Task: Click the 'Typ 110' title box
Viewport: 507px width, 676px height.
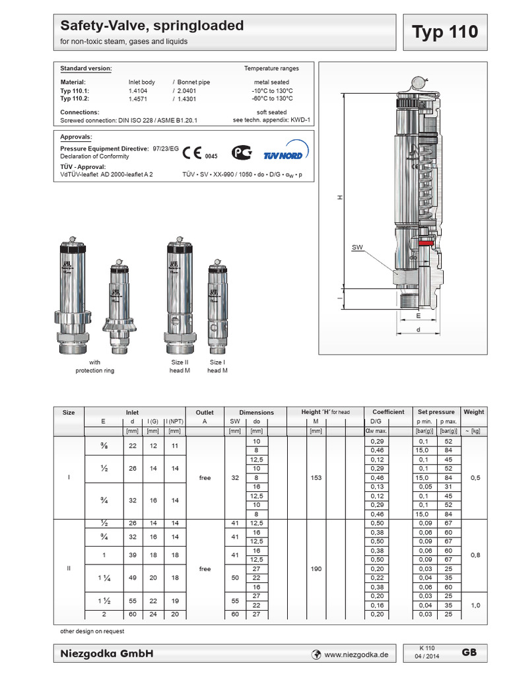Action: (x=444, y=32)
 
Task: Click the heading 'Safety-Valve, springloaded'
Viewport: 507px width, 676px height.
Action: (x=152, y=26)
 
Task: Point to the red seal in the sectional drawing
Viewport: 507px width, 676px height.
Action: (x=426, y=242)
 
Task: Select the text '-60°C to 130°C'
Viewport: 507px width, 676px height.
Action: (x=271, y=98)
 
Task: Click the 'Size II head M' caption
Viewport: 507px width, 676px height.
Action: (x=180, y=366)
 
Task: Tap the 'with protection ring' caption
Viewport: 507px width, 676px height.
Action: (x=95, y=366)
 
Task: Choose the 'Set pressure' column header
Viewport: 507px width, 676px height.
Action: (x=436, y=412)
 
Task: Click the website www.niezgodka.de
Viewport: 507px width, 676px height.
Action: (x=357, y=654)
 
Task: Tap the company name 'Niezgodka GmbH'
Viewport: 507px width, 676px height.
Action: (x=107, y=654)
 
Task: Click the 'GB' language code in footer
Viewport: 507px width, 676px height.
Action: (x=469, y=652)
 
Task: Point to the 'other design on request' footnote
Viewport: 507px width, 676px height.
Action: (x=92, y=631)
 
